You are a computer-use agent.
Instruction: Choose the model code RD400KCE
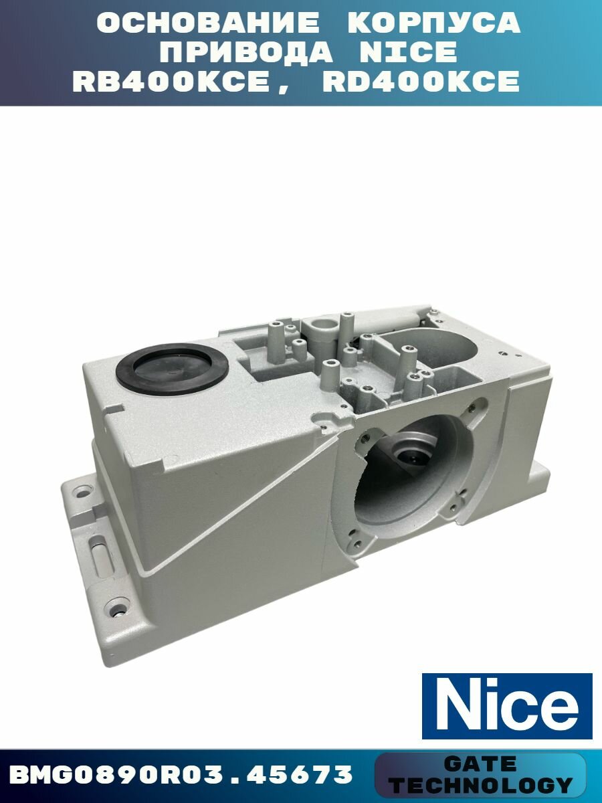(421, 82)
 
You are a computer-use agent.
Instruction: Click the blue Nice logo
(507, 706)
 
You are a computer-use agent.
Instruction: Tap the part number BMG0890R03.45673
(181, 776)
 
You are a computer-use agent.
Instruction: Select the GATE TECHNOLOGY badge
(480, 775)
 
